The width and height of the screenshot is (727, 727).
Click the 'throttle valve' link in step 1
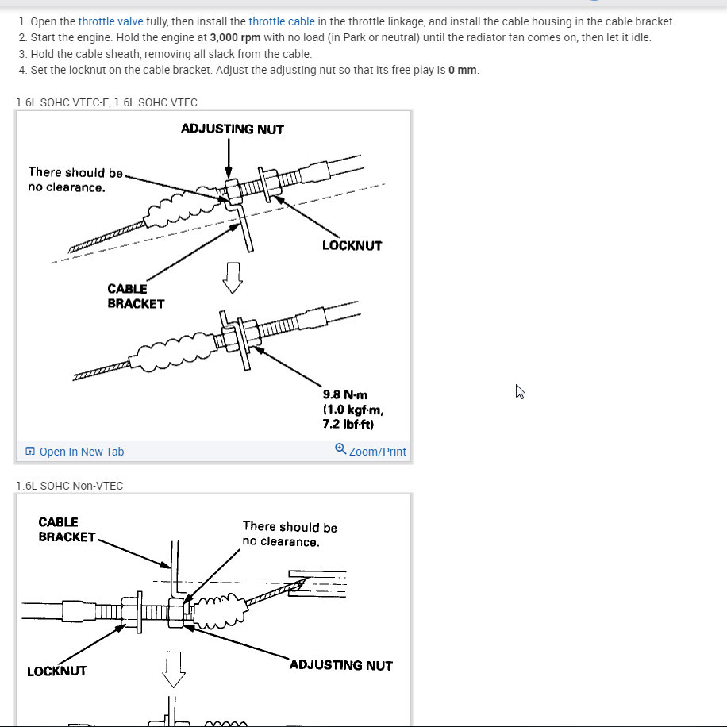(x=110, y=21)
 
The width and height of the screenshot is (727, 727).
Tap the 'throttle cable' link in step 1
(x=282, y=21)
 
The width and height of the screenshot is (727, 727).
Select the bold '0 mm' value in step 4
(x=463, y=70)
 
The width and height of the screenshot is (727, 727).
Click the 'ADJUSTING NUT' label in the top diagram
(x=232, y=129)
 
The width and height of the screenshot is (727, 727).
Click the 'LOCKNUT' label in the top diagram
(x=352, y=246)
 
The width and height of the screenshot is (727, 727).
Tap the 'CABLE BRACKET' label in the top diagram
(x=136, y=296)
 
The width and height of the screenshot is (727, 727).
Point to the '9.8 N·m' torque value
(x=345, y=394)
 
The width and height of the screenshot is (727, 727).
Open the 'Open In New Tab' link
(x=81, y=452)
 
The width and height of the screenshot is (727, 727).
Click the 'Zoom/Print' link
(x=377, y=452)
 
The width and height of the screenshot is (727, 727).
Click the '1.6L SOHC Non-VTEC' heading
(x=70, y=486)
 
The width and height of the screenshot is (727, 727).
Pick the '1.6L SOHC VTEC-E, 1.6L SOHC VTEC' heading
(x=107, y=102)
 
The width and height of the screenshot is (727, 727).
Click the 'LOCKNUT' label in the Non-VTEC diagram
(x=57, y=671)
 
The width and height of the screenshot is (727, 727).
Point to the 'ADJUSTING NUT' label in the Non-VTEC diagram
(x=340, y=665)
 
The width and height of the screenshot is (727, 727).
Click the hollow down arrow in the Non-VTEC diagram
(x=173, y=669)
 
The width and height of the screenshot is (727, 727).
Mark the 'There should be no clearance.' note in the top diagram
(x=75, y=180)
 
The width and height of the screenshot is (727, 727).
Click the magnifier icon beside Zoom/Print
(x=340, y=449)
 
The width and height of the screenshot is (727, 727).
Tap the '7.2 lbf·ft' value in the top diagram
(x=348, y=425)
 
